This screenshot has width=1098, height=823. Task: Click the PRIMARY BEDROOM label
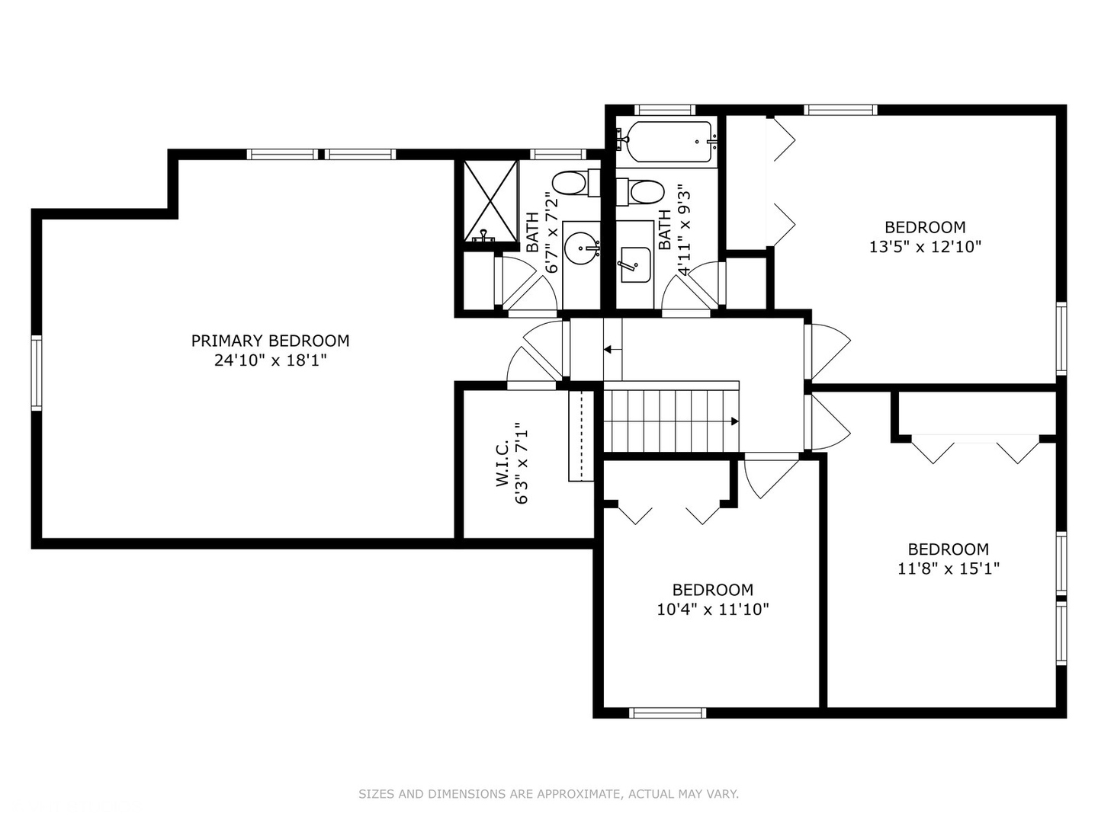point(270,341)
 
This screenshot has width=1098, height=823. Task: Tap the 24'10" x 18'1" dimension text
point(270,360)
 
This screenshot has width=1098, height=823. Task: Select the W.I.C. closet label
point(502,463)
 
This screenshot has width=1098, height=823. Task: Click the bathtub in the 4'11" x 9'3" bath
point(668,142)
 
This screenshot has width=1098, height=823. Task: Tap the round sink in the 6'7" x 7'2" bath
point(582,247)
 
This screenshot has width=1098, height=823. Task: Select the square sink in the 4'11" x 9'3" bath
point(635,264)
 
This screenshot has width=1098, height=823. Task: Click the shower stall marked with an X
point(490,201)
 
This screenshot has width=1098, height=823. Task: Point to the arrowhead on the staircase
point(734,421)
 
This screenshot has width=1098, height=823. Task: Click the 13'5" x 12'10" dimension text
point(925,246)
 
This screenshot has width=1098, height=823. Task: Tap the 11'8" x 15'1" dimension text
point(948,568)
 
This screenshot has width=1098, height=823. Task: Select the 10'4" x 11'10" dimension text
point(712,609)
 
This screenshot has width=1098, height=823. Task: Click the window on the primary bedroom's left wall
point(36,373)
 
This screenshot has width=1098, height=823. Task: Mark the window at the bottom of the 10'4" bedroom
point(667,713)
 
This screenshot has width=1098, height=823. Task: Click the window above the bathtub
point(665,110)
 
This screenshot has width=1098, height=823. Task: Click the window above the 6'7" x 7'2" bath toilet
point(557,154)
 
